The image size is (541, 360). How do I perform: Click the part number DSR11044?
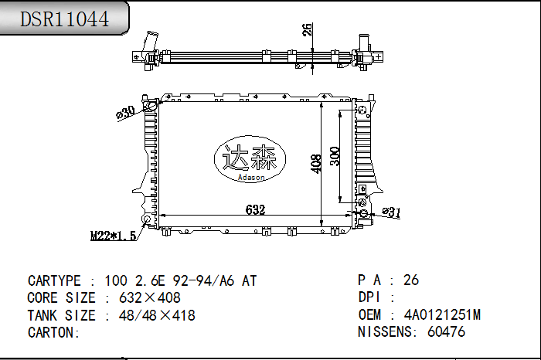click(64, 19)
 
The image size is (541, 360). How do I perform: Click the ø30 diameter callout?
click(125, 112)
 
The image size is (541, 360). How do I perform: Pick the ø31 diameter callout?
click(392, 212)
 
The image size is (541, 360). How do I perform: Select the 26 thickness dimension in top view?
click(307, 30)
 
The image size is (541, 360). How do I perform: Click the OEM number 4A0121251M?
click(442, 315)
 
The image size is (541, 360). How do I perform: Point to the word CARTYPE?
click(56, 281)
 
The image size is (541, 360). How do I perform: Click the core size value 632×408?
click(149, 298)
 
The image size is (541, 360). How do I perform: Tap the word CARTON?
click(53, 332)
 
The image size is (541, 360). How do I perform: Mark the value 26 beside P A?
click(411, 280)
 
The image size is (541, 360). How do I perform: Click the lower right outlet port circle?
click(363, 212)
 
